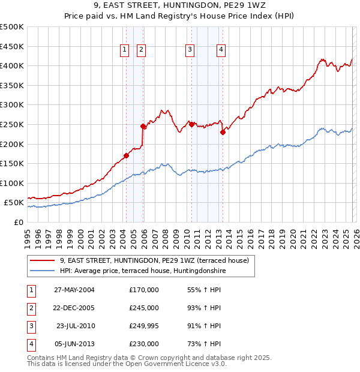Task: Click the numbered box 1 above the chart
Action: [x=125, y=50]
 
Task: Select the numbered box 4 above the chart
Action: [x=221, y=50]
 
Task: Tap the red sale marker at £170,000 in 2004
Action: [x=126, y=156]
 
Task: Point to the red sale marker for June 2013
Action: [x=222, y=133]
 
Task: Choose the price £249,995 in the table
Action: [x=144, y=326]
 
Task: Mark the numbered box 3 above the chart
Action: [x=190, y=50]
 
